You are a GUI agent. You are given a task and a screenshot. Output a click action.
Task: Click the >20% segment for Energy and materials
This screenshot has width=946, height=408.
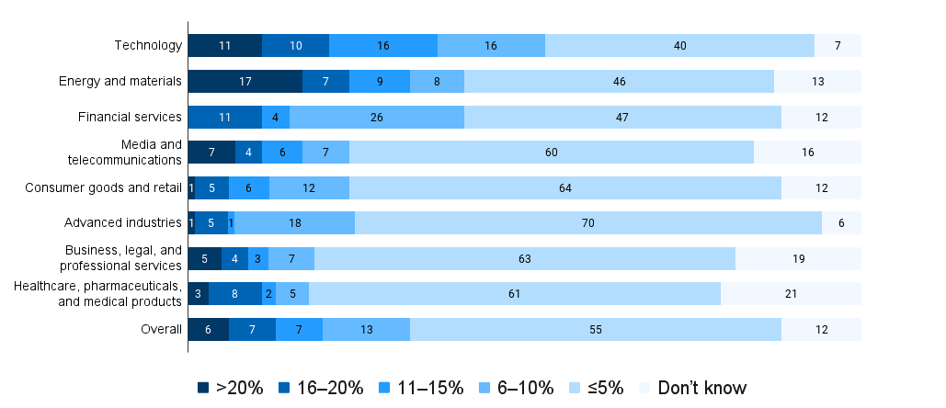pyautogui.click(x=245, y=81)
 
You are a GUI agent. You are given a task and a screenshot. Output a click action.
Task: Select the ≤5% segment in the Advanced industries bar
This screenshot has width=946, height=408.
pyautogui.click(x=588, y=222)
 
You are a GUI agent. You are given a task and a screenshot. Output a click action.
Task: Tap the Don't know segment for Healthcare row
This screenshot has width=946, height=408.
pyautogui.click(x=791, y=294)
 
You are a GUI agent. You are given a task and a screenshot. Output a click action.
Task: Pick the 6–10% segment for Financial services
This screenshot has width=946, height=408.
pyautogui.click(x=377, y=117)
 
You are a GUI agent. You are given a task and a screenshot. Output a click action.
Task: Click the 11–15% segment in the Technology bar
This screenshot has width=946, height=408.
pyautogui.click(x=383, y=45)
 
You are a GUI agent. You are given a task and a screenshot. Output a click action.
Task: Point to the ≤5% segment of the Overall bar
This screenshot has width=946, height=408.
pyautogui.click(x=596, y=329)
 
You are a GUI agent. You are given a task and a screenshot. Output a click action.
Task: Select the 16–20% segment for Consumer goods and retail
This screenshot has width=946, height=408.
pyautogui.click(x=212, y=187)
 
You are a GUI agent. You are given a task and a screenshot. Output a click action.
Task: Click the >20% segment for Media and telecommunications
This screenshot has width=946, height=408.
pyautogui.click(x=211, y=152)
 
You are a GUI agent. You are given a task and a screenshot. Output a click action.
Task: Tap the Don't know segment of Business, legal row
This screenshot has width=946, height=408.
pyautogui.click(x=798, y=258)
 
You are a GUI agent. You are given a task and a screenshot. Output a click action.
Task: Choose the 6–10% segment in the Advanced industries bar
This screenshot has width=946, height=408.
pyautogui.click(x=295, y=222)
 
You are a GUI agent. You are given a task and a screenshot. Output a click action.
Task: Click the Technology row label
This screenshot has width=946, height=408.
pyautogui.click(x=148, y=45)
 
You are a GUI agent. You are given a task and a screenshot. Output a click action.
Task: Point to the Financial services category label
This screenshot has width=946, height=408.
pyautogui.click(x=131, y=117)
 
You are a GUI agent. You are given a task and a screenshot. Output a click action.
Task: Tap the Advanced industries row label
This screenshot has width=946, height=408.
pyautogui.click(x=122, y=222)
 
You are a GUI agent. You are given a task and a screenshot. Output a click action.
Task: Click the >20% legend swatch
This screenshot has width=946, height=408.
pyautogui.click(x=203, y=388)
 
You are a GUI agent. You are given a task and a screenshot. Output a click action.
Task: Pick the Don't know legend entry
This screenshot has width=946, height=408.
pyautogui.click(x=692, y=388)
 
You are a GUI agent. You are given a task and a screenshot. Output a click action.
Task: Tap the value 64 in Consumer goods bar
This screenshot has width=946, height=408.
pyautogui.click(x=564, y=187)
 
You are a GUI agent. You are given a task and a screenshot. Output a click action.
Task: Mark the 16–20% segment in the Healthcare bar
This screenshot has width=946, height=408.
pyautogui.click(x=235, y=294)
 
